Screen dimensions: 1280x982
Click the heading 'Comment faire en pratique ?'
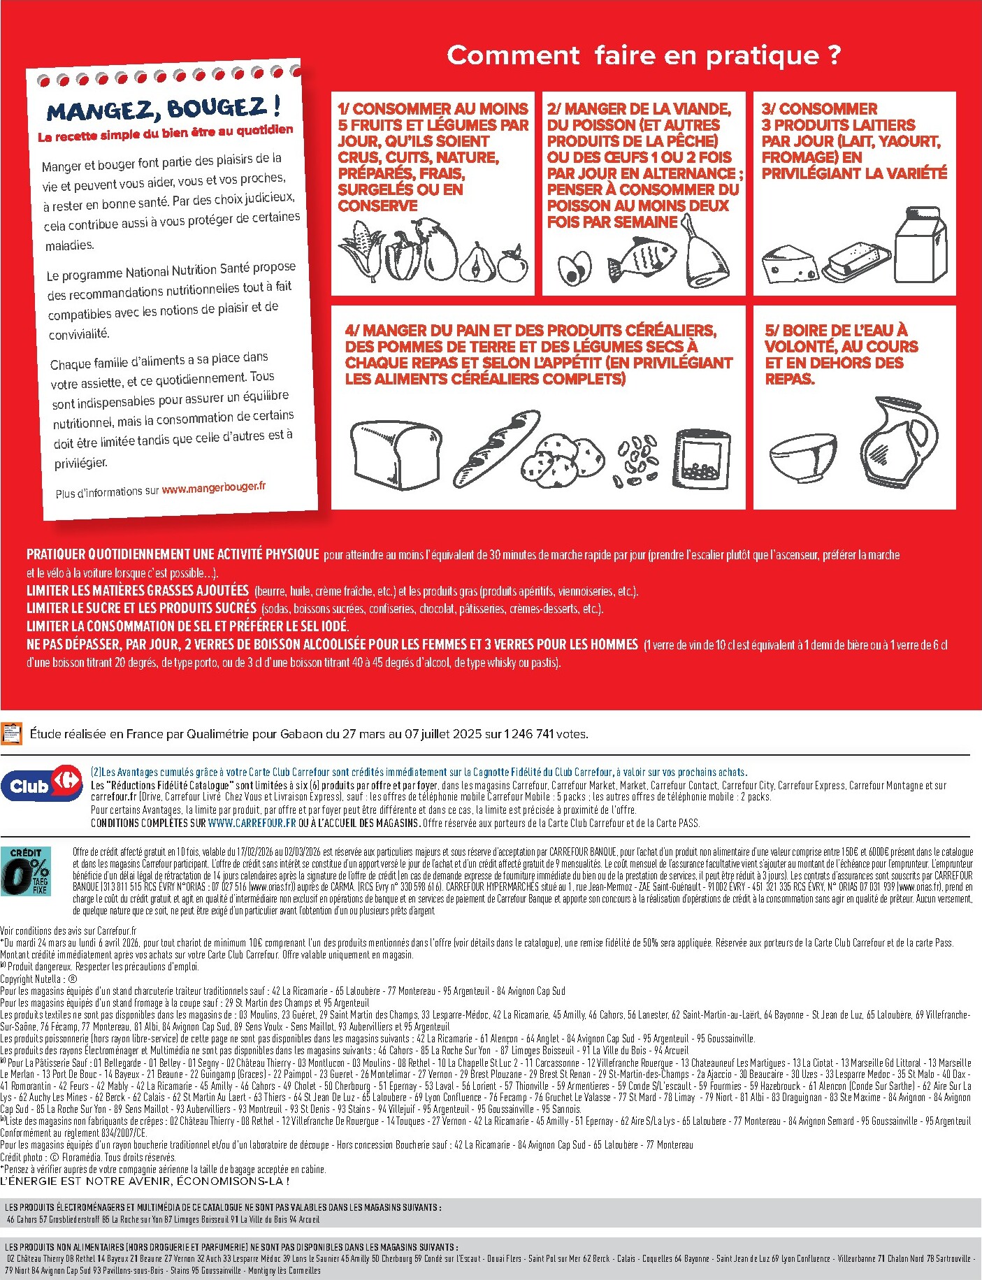pyautogui.click(x=643, y=55)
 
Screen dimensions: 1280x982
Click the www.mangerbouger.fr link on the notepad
pyautogui.click(x=213, y=488)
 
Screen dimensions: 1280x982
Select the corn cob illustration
pyautogui.click(x=362, y=248)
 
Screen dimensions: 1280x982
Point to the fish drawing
pyautogui.click(x=641, y=257)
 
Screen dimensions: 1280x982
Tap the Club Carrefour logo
pyautogui.click(x=41, y=785)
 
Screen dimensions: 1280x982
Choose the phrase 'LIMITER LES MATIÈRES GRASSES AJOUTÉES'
pyautogui.click(x=138, y=591)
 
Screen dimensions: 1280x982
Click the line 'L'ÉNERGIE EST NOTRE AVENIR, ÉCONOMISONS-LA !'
pyautogui.click(x=145, y=1181)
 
